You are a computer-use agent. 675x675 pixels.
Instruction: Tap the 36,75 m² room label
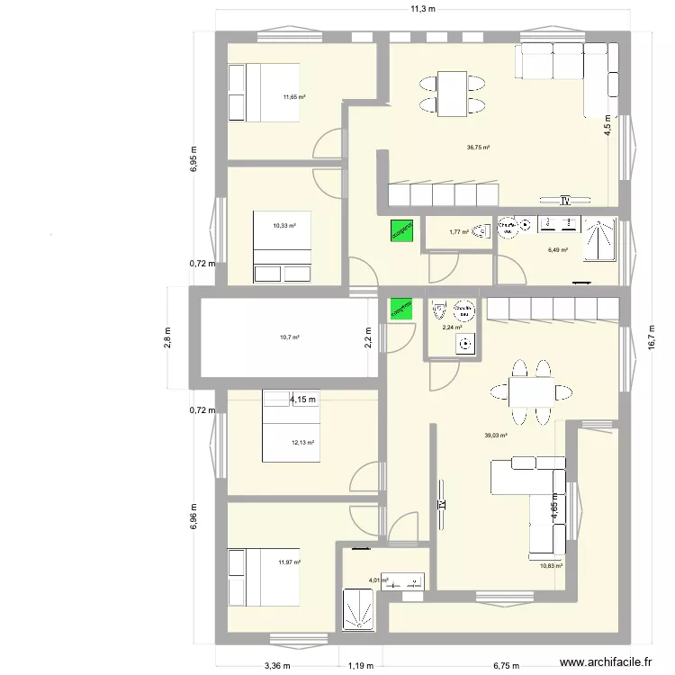[478, 148]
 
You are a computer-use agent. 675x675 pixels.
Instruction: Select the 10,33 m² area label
[285, 227]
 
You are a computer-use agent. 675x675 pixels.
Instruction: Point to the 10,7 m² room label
[289, 337]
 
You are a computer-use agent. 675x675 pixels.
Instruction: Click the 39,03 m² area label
[496, 436]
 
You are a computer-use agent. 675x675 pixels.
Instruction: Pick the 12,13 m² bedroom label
[301, 442]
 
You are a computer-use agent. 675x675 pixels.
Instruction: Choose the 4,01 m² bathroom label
[379, 580]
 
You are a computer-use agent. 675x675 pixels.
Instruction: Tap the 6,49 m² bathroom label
[558, 250]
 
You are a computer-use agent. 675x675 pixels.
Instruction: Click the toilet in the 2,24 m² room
[440, 310]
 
